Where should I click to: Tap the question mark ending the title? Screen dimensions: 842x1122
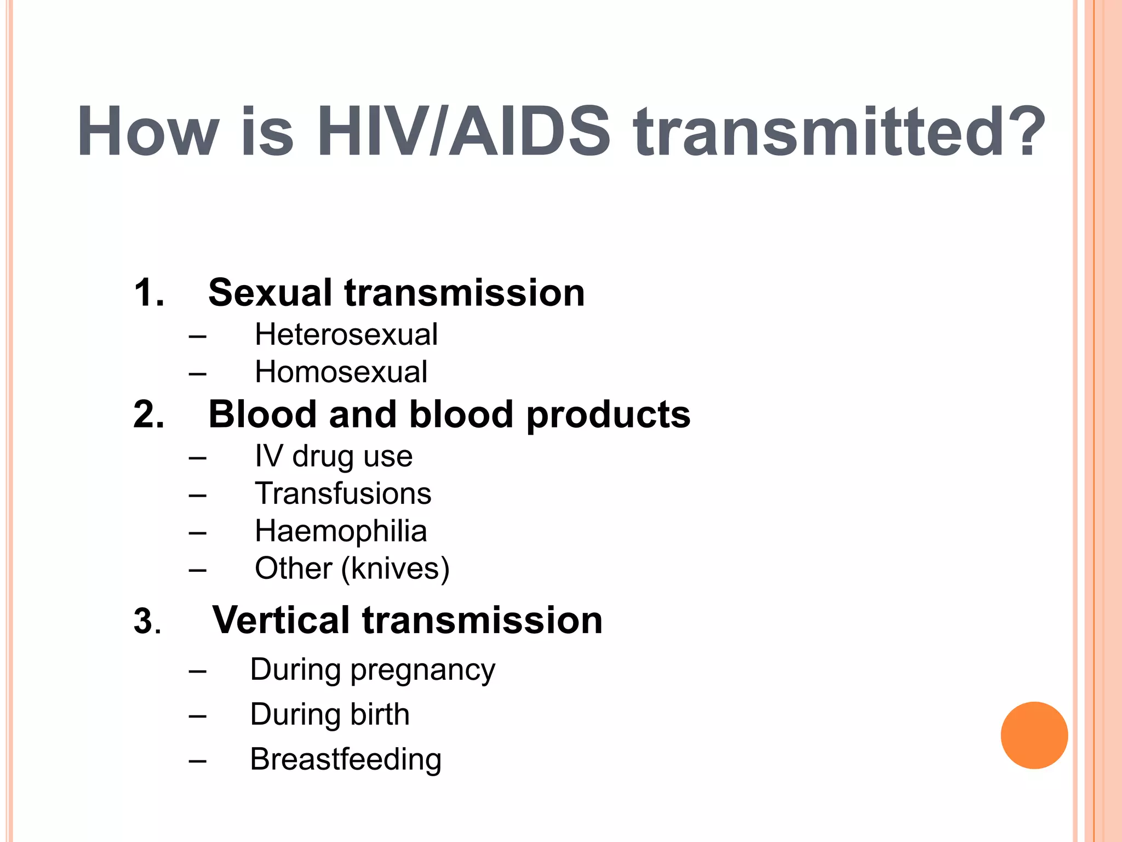[x=1020, y=132]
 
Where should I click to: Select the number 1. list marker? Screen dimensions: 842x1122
[x=149, y=293]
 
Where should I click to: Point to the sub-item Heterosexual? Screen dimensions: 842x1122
[x=346, y=334]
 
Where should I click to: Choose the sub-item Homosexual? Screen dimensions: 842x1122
[x=341, y=372]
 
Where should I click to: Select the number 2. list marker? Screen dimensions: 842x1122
[x=149, y=414]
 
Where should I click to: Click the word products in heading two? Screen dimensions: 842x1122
[x=608, y=416]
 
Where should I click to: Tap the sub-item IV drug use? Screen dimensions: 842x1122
[x=333, y=456]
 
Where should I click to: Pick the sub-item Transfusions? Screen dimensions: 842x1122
[x=343, y=493]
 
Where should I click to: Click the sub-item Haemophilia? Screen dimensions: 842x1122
[x=341, y=531]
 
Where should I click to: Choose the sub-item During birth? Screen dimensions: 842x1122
[x=330, y=714]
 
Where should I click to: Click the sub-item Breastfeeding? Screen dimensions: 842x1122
[x=346, y=760]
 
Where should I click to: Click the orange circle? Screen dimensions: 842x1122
[x=1034, y=735]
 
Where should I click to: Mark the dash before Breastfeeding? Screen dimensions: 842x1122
[x=197, y=761]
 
